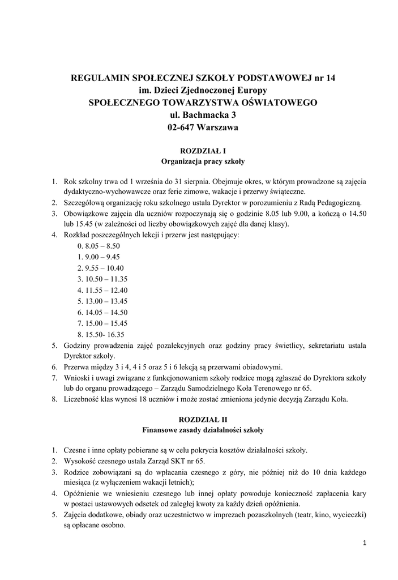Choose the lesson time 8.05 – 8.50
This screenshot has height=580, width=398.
click(x=99, y=246)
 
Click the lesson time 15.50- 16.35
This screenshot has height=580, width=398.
click(x=100, y=334)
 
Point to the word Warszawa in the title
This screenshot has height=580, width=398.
click(x=218, y=127)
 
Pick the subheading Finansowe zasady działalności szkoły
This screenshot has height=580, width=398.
click(x=203, y=430)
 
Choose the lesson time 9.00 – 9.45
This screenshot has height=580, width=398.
click(x=99, y=257)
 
